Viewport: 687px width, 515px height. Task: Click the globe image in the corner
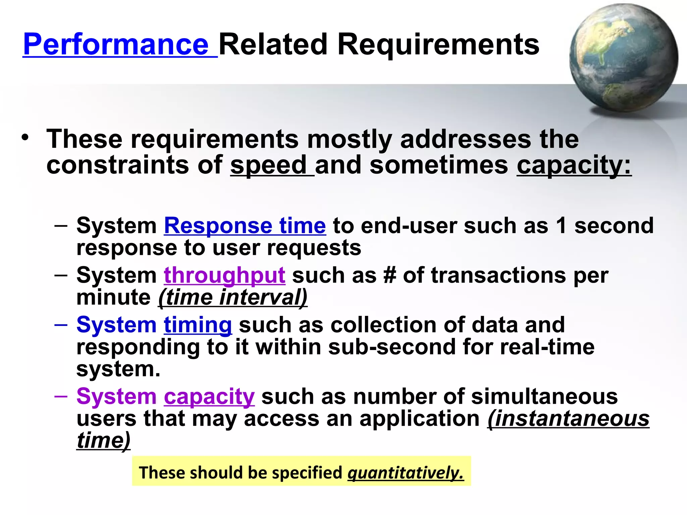[x=623, y=58]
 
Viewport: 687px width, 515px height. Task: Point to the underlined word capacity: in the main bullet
[x=574, y=165]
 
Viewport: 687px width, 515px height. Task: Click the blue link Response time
[x=245, y=225]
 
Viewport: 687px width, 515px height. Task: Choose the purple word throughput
[x=224, y=275]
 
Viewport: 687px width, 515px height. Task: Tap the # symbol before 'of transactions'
[x=389, y=275]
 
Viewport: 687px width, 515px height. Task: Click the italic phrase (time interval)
[x=233, y=297]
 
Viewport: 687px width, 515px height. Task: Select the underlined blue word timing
[x=198, y=325]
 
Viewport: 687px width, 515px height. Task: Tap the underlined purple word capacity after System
[x=209, y=396]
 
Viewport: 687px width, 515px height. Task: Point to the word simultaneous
[x=544, y=396]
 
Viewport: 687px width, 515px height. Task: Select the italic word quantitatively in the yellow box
[x=405, y=473]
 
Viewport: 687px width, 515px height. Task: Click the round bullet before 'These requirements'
[x=25, y=138]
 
